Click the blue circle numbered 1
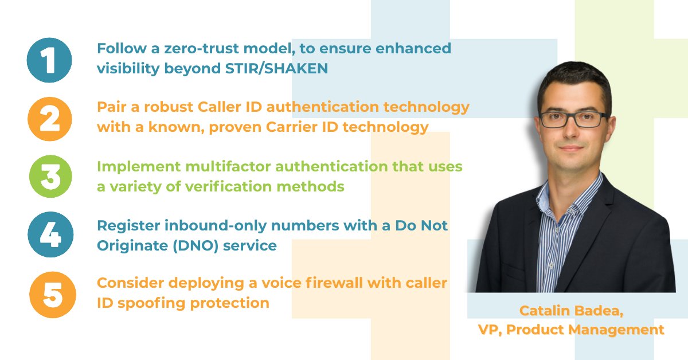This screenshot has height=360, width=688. (49, 60)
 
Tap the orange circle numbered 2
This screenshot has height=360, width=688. (50, 119)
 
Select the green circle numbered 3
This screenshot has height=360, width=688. (50, 177)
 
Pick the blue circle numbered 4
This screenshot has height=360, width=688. (50, 236)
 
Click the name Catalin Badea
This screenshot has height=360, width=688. (571, 311)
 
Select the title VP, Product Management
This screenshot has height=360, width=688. (571, 330)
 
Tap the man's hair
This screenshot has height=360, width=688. (573, 80)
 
